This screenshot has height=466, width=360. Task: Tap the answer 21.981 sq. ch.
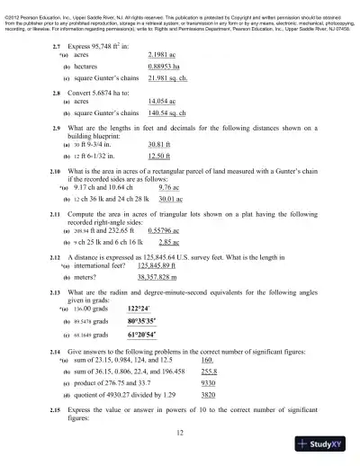click(170, 79)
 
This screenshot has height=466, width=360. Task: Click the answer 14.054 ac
click(163, 103)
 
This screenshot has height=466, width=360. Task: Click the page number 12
click(181, 434)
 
